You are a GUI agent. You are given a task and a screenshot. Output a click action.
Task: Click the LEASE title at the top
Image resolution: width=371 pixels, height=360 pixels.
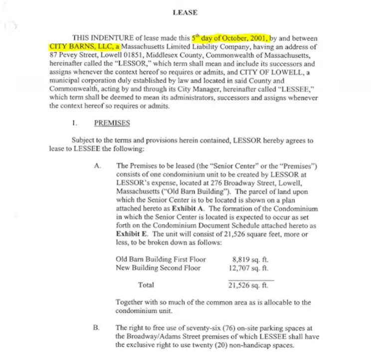tap(185, 12)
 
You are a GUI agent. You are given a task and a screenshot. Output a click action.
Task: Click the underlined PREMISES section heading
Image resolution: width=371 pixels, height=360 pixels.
tap(112, 123)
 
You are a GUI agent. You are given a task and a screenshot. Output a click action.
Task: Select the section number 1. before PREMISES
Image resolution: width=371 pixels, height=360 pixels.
tap(74, 123)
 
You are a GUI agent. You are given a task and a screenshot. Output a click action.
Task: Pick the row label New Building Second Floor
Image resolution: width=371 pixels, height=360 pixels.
tap(158, 268)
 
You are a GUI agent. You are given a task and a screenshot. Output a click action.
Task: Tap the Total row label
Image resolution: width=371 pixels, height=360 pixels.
tap(146, 285)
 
